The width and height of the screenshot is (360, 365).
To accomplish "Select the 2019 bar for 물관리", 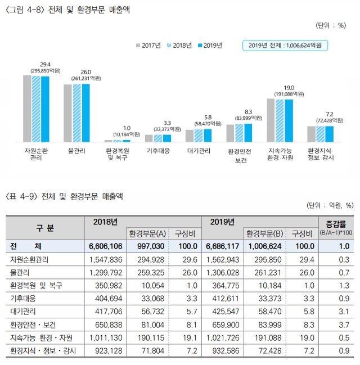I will pos(85,112).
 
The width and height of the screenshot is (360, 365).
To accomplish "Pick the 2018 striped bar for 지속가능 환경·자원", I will pos(280,120).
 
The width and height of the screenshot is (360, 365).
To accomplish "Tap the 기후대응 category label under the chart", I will pos(159,151).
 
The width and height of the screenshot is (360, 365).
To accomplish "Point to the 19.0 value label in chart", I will pos(289,88).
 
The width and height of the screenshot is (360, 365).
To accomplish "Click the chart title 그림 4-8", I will pos(67,10).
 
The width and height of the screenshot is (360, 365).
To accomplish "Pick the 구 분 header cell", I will pos(45,228).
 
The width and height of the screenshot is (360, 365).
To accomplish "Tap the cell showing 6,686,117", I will pos(223,246).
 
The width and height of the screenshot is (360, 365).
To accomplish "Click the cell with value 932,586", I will pos(223,351).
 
